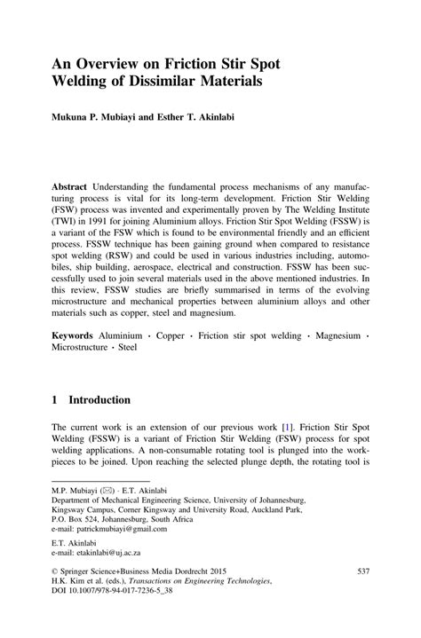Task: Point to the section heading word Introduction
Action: pos(99,399)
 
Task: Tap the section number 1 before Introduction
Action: pos(55,399)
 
